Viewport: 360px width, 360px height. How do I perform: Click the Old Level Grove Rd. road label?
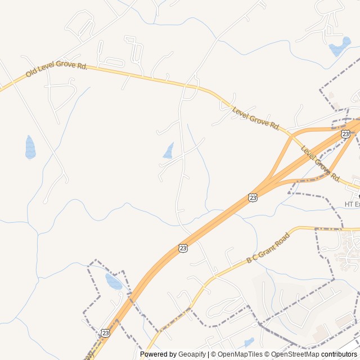[56, 70]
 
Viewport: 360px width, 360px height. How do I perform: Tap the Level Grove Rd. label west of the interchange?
[256, 118]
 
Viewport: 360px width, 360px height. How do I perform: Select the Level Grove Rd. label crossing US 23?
[321, 164]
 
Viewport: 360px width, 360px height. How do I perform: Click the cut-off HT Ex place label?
[352, 204]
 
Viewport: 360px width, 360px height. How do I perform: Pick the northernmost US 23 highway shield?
[345, 134]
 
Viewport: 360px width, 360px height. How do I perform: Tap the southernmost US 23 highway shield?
[105, 333]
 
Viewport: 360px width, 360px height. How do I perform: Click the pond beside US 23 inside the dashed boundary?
[114, 281]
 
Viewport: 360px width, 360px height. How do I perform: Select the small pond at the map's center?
[168, 151]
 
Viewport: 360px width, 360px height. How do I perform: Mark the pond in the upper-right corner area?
[339, 47]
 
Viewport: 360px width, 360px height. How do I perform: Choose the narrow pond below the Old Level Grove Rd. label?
[30, 147]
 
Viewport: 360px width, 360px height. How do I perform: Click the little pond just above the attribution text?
[249, 342]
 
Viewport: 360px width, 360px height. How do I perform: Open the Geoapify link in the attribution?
[193, 354]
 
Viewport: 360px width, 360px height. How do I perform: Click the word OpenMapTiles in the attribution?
[240, 354]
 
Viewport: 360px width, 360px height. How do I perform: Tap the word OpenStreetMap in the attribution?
[295, 354]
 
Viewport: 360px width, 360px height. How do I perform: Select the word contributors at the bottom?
[339, 354]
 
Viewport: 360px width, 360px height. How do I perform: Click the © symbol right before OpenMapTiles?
[214, 354]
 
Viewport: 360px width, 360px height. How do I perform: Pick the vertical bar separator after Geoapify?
[209, 354]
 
